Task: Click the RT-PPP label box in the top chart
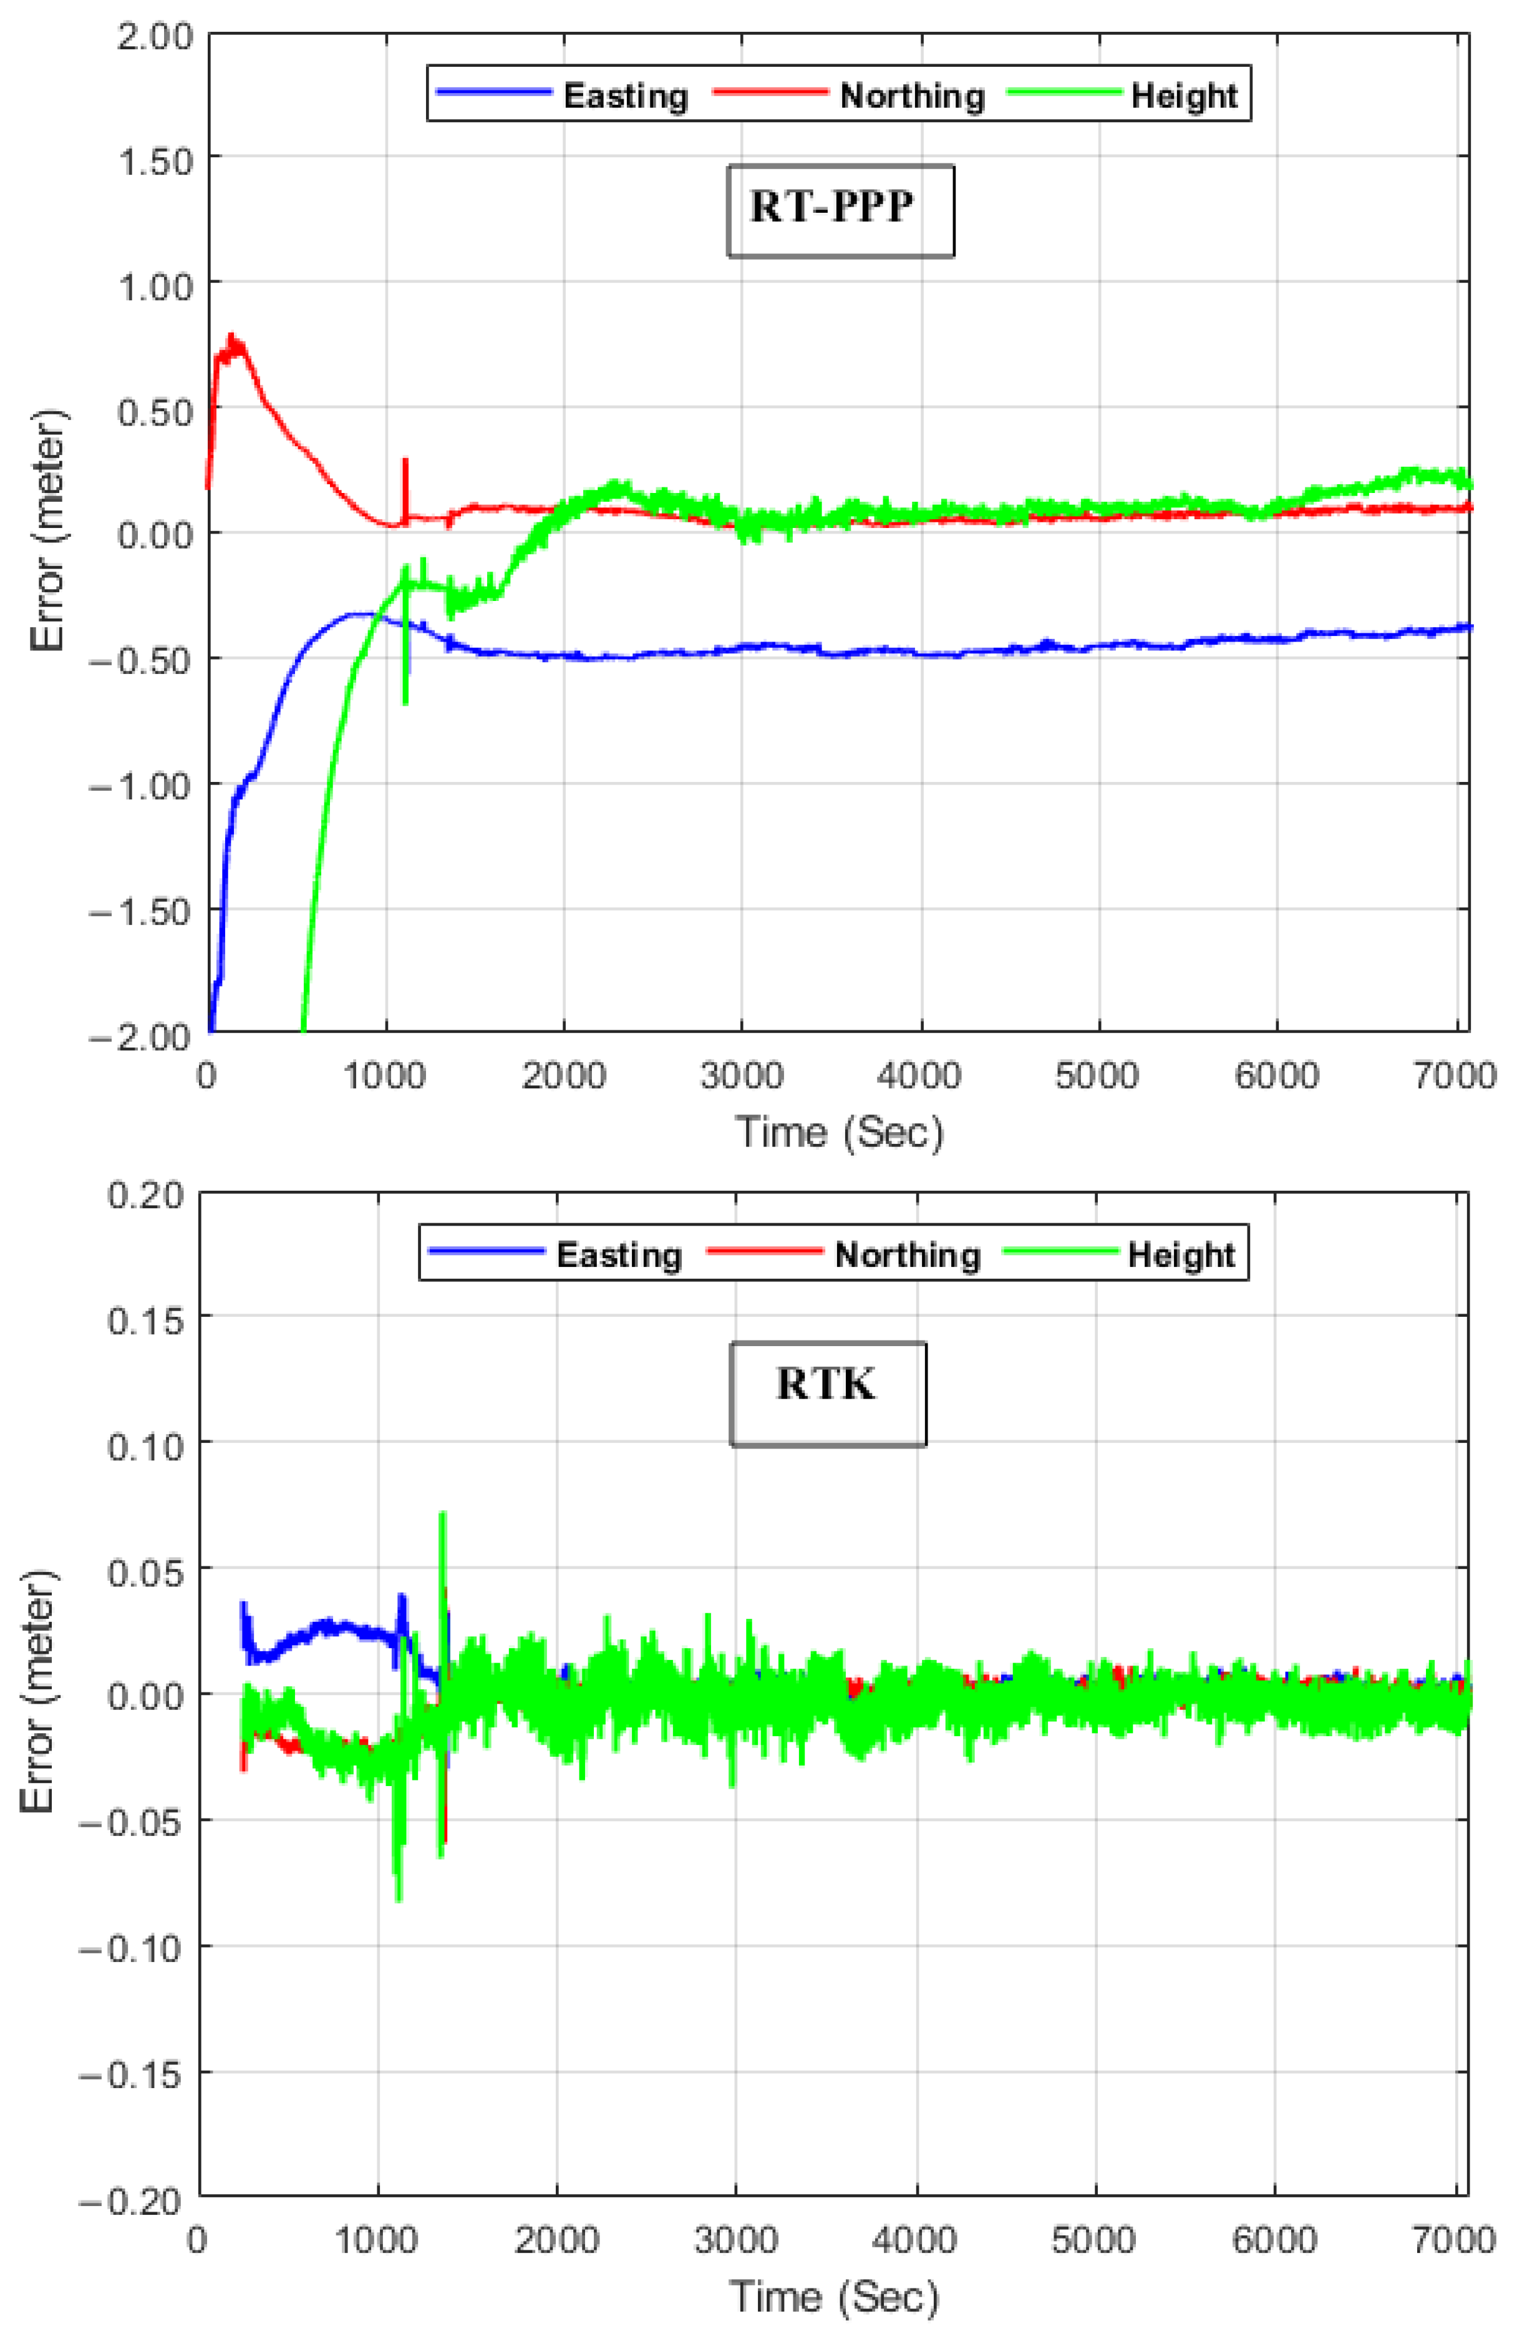coord(840,210)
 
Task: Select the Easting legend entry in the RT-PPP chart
coord(625,95)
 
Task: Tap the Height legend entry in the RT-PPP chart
coord(1183,95)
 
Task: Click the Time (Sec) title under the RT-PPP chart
coord(838,1131)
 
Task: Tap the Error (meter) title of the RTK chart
coord(39,1691)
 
